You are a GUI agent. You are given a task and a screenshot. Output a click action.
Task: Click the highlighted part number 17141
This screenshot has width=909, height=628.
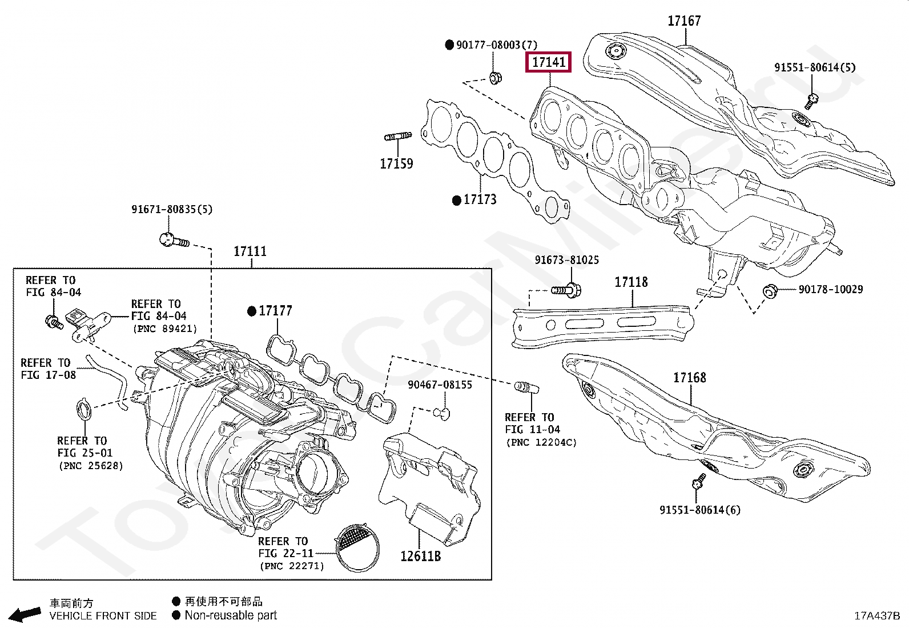click(548, 62)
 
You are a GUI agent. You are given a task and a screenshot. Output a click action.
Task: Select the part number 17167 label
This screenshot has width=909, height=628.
click(684, 21)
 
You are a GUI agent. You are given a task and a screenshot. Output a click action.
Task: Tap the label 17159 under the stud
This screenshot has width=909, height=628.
click(396, 163)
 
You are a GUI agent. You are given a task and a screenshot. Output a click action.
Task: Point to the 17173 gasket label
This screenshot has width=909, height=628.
click(480, 199)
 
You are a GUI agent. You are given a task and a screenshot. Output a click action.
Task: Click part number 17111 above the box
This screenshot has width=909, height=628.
click(250, 251)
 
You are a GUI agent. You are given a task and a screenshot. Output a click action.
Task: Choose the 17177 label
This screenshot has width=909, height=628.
click(276, 311)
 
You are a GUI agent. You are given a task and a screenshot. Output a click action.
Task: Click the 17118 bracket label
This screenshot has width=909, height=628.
click(631, 282)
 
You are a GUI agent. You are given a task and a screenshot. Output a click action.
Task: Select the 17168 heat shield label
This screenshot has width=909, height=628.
click(690, 378)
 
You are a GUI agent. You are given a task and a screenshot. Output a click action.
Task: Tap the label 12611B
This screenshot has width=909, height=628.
click(420, 556)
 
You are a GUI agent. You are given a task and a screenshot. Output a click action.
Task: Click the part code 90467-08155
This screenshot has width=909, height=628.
click(440, 385)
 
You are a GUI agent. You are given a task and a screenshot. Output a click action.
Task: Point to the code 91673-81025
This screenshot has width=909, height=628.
click(566, 260)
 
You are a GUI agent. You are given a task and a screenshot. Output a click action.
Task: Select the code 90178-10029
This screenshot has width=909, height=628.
click(831, 289)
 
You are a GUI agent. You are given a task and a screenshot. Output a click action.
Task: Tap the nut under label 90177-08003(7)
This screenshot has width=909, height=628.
click(495, 77)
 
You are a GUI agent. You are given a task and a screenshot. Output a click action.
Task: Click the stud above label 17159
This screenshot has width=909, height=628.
click(397, 136)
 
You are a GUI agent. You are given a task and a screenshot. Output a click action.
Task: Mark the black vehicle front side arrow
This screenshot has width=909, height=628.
click(25, 614)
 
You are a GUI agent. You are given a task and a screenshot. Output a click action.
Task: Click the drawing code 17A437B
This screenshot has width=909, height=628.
click(877, 616)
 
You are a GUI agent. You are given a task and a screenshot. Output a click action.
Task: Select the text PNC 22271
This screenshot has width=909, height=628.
click(292, 566)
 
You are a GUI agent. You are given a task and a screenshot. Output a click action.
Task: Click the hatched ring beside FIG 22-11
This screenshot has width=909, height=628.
click(357, 548)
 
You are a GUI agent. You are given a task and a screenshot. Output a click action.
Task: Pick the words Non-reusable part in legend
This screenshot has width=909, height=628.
click(231, 615)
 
